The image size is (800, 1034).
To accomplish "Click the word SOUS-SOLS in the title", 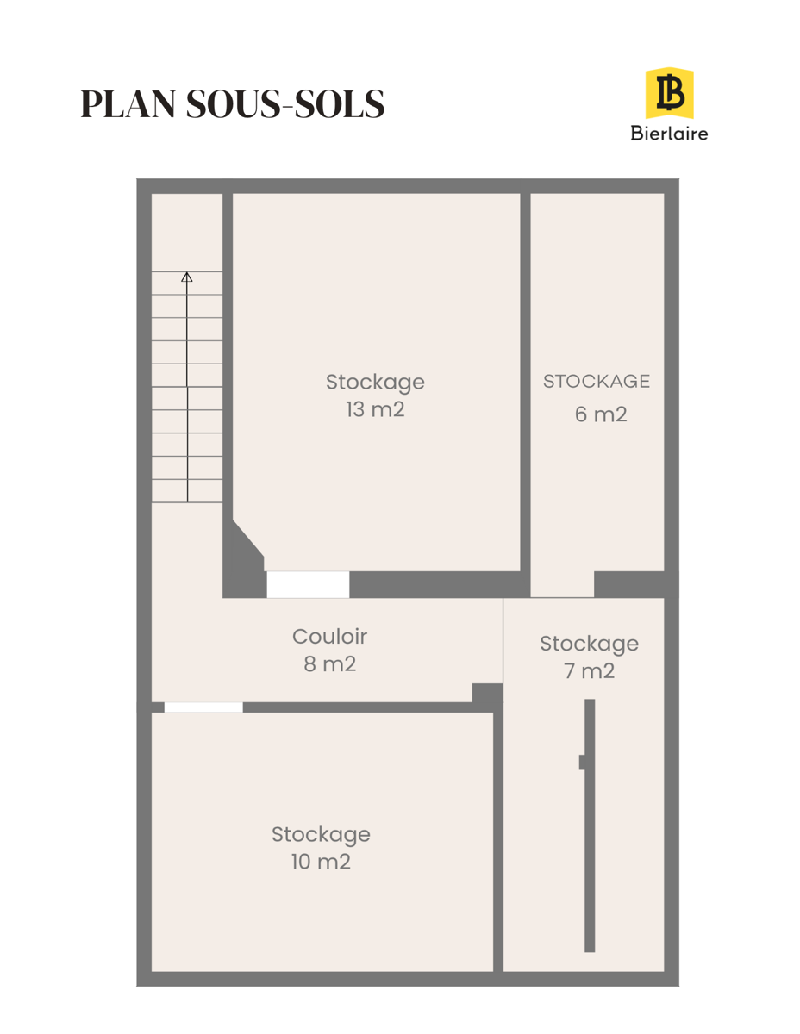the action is coord(284,103).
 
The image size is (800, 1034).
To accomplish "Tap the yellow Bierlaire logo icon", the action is coord(669,93).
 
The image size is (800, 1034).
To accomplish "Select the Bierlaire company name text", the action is coord(669,134).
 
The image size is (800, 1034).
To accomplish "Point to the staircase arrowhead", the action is coord(186,277).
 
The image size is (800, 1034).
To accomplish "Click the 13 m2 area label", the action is coord(375,409).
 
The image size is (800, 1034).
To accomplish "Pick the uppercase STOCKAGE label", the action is coord(597,381).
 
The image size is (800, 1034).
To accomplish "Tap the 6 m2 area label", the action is coord(601,414).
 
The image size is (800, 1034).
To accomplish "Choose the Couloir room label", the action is coord(330,637).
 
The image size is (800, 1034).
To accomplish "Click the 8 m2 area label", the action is coord(330,664).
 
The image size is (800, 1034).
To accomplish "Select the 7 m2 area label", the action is coord(589,671).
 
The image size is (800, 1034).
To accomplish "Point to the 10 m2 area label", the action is coord(321,862).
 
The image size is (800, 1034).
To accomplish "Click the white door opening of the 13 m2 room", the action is coord(308,584).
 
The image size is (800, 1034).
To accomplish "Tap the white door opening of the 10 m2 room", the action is coord(203,707).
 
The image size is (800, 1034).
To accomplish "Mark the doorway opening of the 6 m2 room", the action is coord(562,584).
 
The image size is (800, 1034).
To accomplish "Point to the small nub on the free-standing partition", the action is coord(582,762).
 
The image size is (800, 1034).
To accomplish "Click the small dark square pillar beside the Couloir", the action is coord(487,693).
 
